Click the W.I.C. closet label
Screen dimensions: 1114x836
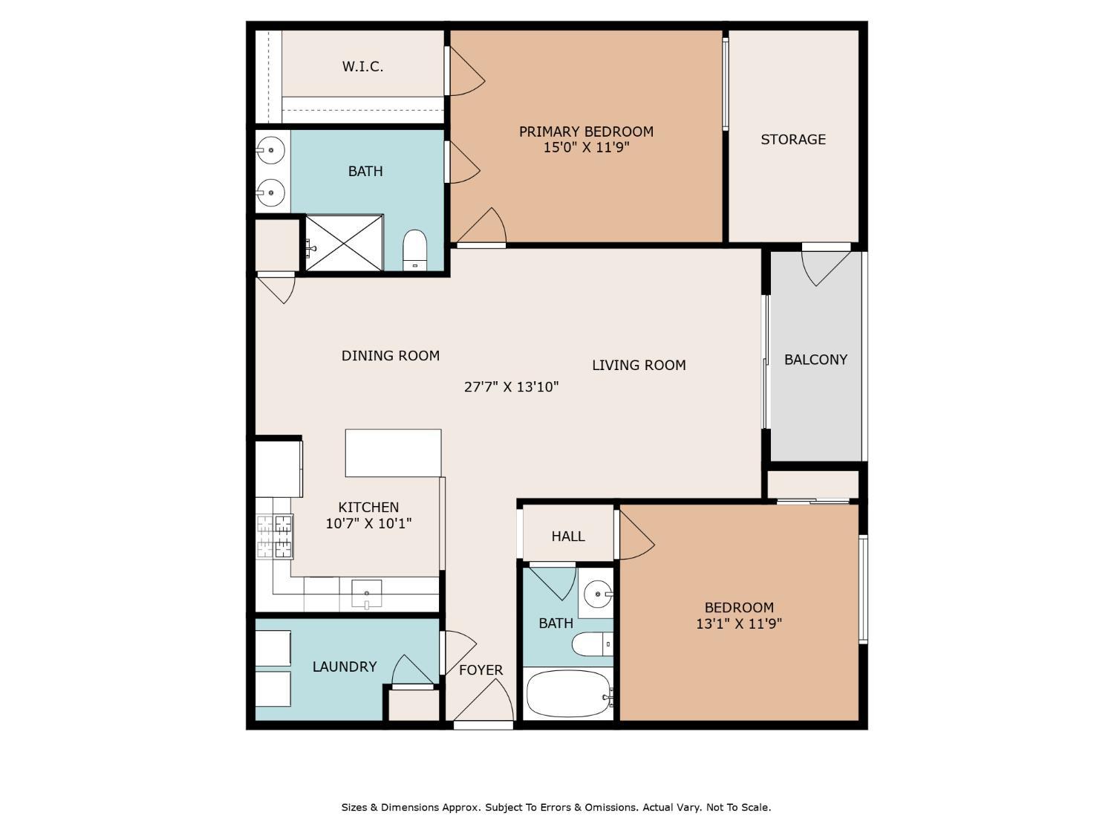(362, 66)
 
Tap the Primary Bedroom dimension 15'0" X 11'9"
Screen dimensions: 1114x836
(586, 148)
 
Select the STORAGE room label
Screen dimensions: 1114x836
(792, 139)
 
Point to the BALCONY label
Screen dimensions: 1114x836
(815, 360)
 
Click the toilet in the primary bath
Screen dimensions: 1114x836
(414, 250)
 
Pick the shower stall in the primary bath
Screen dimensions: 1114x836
(344, 243)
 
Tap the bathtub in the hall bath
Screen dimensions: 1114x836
(567, 693)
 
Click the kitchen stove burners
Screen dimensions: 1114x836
(275, 537)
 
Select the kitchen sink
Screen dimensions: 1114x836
(366, 593)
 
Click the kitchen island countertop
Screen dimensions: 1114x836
(394, 453)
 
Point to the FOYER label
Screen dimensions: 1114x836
(481, 670)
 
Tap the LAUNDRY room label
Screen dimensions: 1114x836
(345, 667)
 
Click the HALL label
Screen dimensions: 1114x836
(568, 536)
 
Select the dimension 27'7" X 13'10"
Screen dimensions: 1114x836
(511, 387)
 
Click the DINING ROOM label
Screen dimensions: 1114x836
(391, 356)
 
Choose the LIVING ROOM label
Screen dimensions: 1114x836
(639, 365)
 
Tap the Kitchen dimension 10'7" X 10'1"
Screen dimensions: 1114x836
(368, 523)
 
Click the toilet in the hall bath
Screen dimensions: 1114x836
(592, 644)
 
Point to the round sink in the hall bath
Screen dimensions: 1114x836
(598, 593)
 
